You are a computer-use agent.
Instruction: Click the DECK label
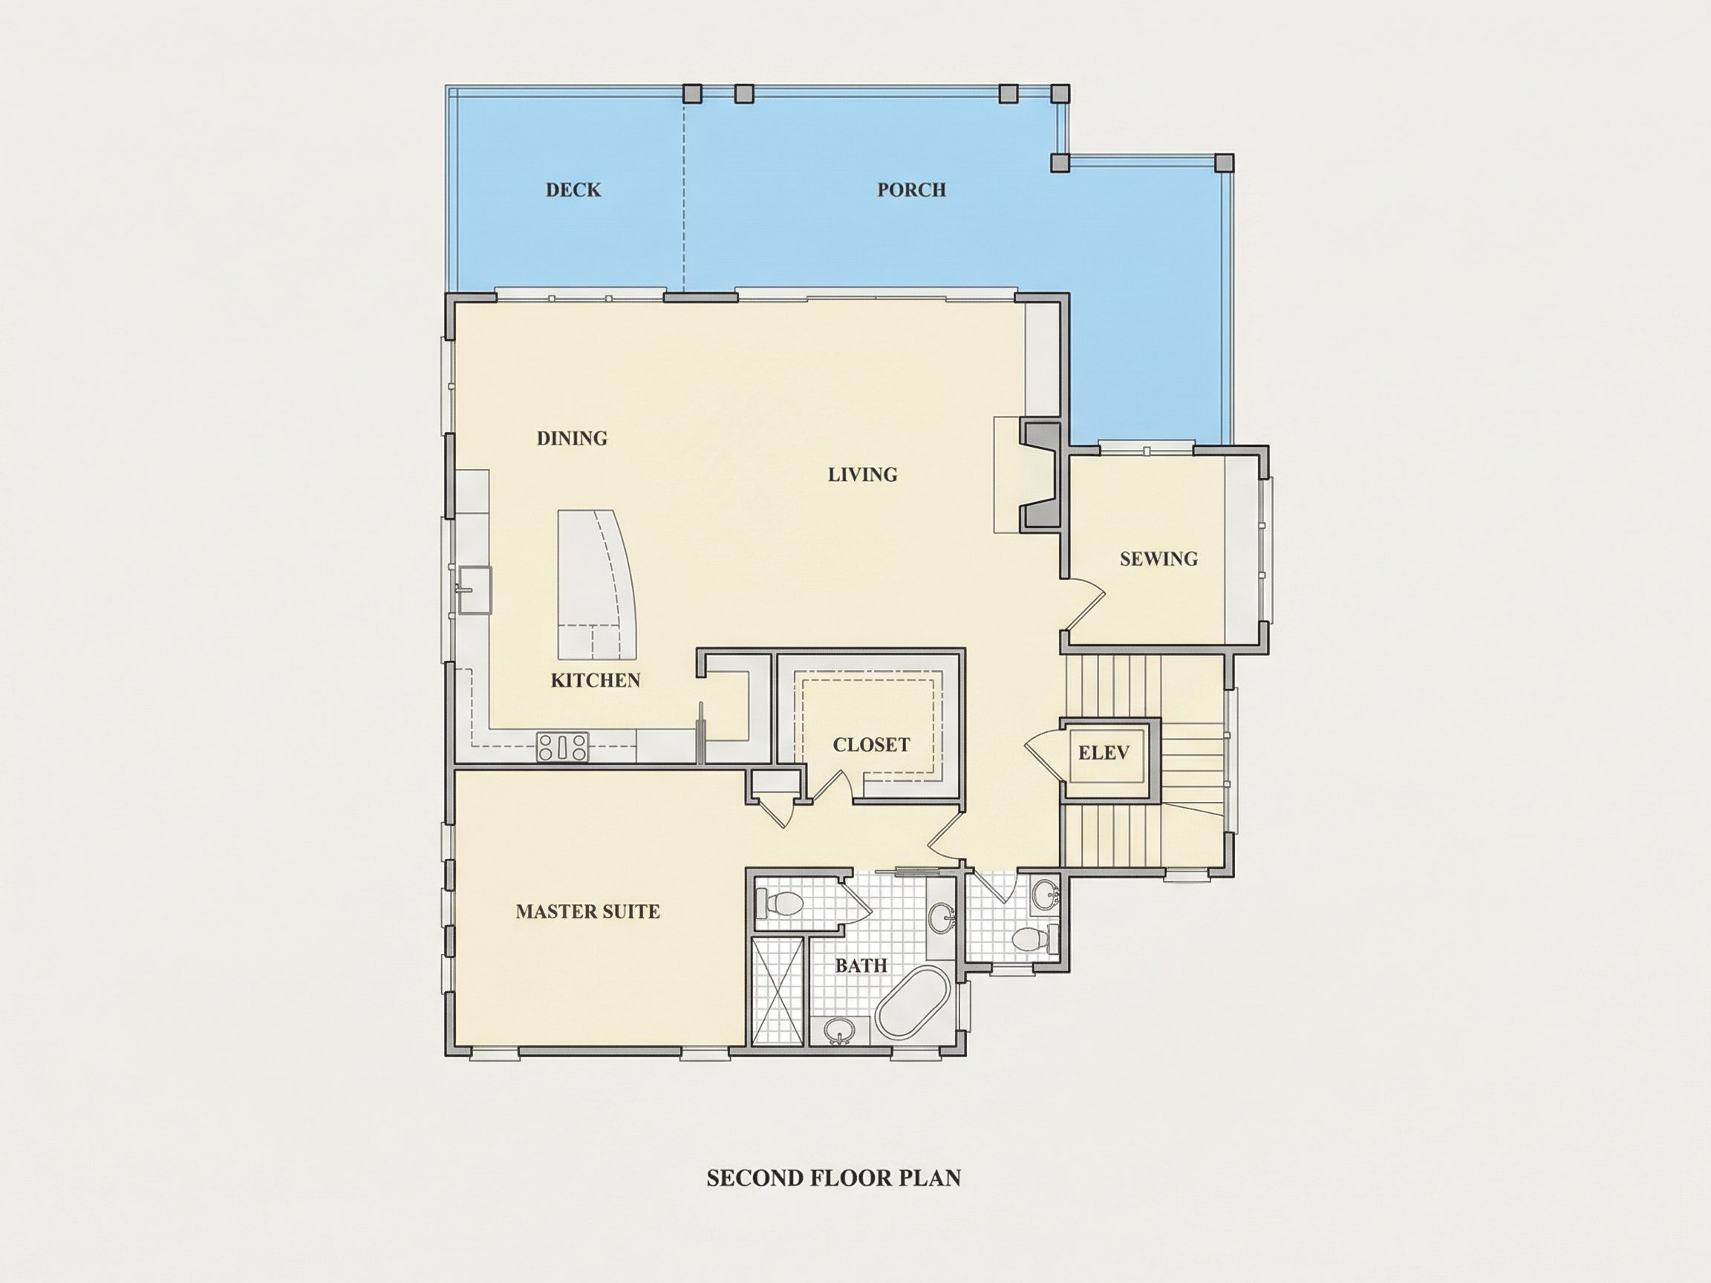point(573,189)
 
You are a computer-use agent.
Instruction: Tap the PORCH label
point(911,189)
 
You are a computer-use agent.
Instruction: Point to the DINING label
point(572,439)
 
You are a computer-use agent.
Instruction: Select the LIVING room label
point(862,474)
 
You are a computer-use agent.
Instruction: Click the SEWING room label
point(1158,558)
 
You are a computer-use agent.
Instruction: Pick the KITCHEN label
point(596,681)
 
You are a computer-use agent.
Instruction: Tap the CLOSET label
point(871,745)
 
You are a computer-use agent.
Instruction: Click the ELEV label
point(1104,752)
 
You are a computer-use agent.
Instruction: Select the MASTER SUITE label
point(588,912)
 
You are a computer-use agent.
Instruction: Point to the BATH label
point(861,966)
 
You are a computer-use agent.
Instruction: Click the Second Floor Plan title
point(834,1178)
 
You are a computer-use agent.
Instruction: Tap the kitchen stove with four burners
point(562,748)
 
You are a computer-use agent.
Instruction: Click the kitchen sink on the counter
point(474,590)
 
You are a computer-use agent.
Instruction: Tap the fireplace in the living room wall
point(1041,475)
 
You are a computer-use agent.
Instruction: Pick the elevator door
point(1043,752)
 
